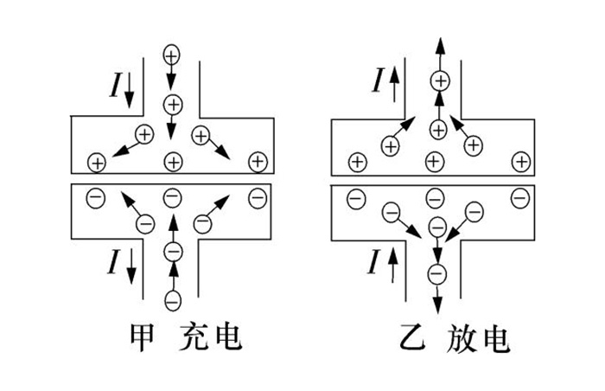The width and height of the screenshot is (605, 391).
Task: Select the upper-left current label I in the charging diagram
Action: point(118,85)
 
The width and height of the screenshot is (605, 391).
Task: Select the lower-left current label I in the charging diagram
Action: point(118,261)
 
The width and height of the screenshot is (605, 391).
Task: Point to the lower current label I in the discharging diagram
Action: point(377,261)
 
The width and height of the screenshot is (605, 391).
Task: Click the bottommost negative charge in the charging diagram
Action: point(173,301)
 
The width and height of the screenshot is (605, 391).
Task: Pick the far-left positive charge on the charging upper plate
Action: point(97,162)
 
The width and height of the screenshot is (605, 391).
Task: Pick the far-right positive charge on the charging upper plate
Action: point(256,161)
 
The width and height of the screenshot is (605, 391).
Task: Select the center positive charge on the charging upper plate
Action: point(173,161)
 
